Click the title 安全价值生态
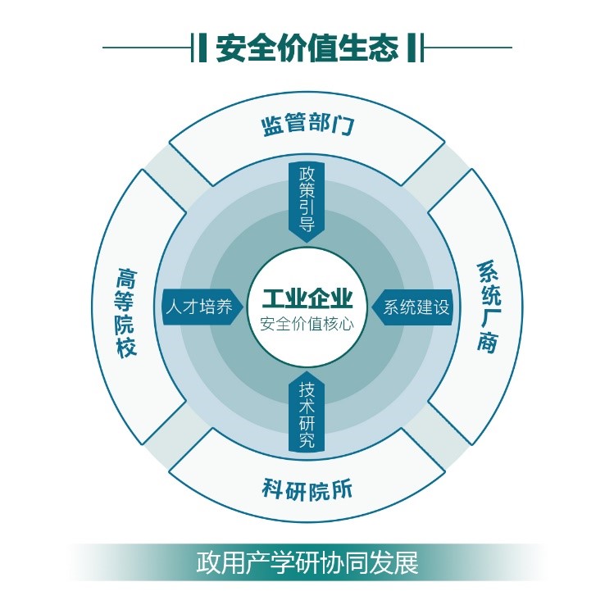[x=307, y=48]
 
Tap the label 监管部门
[x=307, y=125]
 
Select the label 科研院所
[x=307, y=489]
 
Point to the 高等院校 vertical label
[x=126, y=312]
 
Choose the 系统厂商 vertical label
[x=489, y=307]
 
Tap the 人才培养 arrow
[x=202, y=307]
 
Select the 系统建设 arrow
[x=412, y=307]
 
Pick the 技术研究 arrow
[x=307, y=412]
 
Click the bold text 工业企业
[x=307, y=298]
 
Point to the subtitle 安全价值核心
[x=307, y=325]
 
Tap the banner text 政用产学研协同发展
[x=307, y=562]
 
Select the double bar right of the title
[x=416, y=48]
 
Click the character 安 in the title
[x=230, y=48]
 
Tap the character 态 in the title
[x=384, y=48]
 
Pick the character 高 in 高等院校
[x=126, y=278]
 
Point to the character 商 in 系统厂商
[x=488, y=342]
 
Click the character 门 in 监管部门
[x=343, y=125]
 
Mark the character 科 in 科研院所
[x=273, y=489]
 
